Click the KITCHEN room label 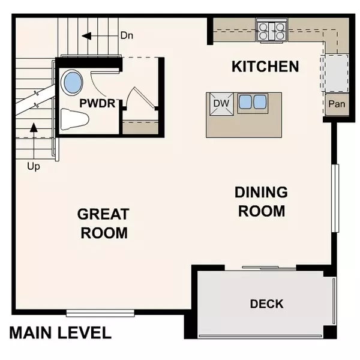pyautogui.click(x=265, y=66)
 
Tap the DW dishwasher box pyautogui.click(x=221, y=103)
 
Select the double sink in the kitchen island pyautogui.click(x=252, y=102)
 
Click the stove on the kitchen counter pyautogui.click(x=272, y=31)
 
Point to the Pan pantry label pyautogui.click(x=336, y=104)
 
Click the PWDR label pyautogui.click(x=97, y=103)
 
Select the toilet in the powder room pyautogui.click(x=74, y=118)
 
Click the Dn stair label pyautogui.click(x=127, y=35)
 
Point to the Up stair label pyautogui.click(x=34, y=166)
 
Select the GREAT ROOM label pyautogui.click(x=103, y=223)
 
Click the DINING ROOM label pyautogui.click(x=261, y=202)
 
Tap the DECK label pyautogui.click(x=266, y=304)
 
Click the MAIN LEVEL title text pyautogui.click(x=60, y=333)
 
